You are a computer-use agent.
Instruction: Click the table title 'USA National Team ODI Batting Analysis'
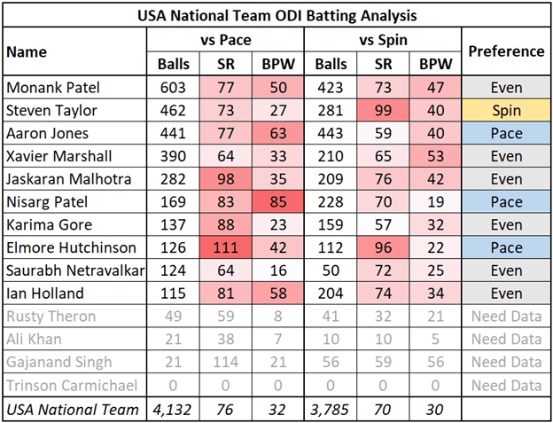[276, 16]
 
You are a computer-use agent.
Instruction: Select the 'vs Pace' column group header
[226, 40]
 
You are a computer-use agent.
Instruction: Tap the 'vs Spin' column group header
[383, 40]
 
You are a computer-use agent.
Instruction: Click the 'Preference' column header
[506, 51]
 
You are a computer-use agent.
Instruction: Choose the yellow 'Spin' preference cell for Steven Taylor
[506, 111]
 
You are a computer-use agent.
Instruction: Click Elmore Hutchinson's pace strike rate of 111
[226, 247]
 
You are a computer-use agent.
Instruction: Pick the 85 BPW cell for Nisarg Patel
[278, 202]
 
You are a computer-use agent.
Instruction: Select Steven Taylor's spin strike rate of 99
[383, 111]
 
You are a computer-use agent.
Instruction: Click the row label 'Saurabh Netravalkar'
[71, 270]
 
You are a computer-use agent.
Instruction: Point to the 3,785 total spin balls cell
[331, 408]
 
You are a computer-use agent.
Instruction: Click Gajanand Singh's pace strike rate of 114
[226, 361]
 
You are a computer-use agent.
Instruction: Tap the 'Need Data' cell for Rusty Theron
[506, 316]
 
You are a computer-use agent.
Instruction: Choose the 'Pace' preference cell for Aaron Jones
[506, 133]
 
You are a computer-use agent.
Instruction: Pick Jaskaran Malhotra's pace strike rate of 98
[226, 179]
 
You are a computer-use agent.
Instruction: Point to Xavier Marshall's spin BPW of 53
[435, 156]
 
